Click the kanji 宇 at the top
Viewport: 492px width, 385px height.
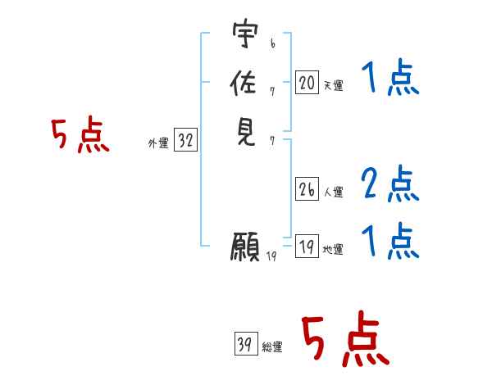244,34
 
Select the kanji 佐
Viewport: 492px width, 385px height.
244,82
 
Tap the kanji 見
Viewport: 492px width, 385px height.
244,130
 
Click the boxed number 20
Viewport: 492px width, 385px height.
307,82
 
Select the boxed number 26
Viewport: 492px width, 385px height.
307,189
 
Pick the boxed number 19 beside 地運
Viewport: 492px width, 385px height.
307,247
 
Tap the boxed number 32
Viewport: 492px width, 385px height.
185,141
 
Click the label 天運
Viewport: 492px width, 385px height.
333,85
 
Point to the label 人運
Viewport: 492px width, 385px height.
333,192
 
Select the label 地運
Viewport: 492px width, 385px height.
333,250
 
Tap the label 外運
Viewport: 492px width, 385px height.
157,143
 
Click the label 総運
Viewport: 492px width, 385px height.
272,347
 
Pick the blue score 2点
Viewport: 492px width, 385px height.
390,183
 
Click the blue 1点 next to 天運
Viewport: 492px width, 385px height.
390,79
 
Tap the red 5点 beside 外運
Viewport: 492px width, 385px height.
80,135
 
